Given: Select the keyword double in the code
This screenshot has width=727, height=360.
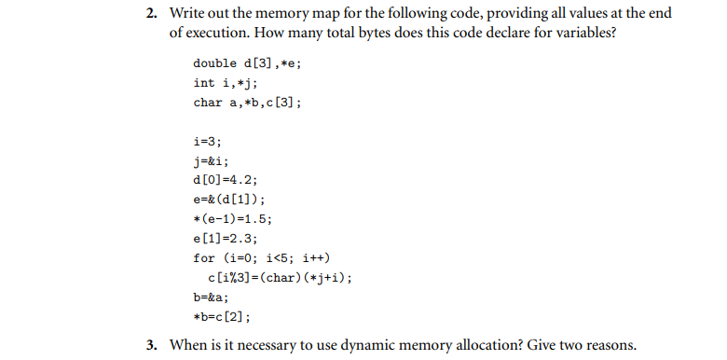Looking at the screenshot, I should click(213, 63).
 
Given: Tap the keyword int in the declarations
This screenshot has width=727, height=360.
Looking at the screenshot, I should click(203, 83).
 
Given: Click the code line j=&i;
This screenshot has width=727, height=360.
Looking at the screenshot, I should click(211, 160).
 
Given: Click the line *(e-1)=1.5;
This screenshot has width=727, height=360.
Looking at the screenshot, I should click(233, 219).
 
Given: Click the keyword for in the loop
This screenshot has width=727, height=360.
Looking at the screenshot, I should click(203, 258).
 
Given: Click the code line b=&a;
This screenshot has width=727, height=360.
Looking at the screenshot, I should click(211, 298).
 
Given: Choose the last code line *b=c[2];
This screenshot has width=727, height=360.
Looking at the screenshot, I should click(222, 317).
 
